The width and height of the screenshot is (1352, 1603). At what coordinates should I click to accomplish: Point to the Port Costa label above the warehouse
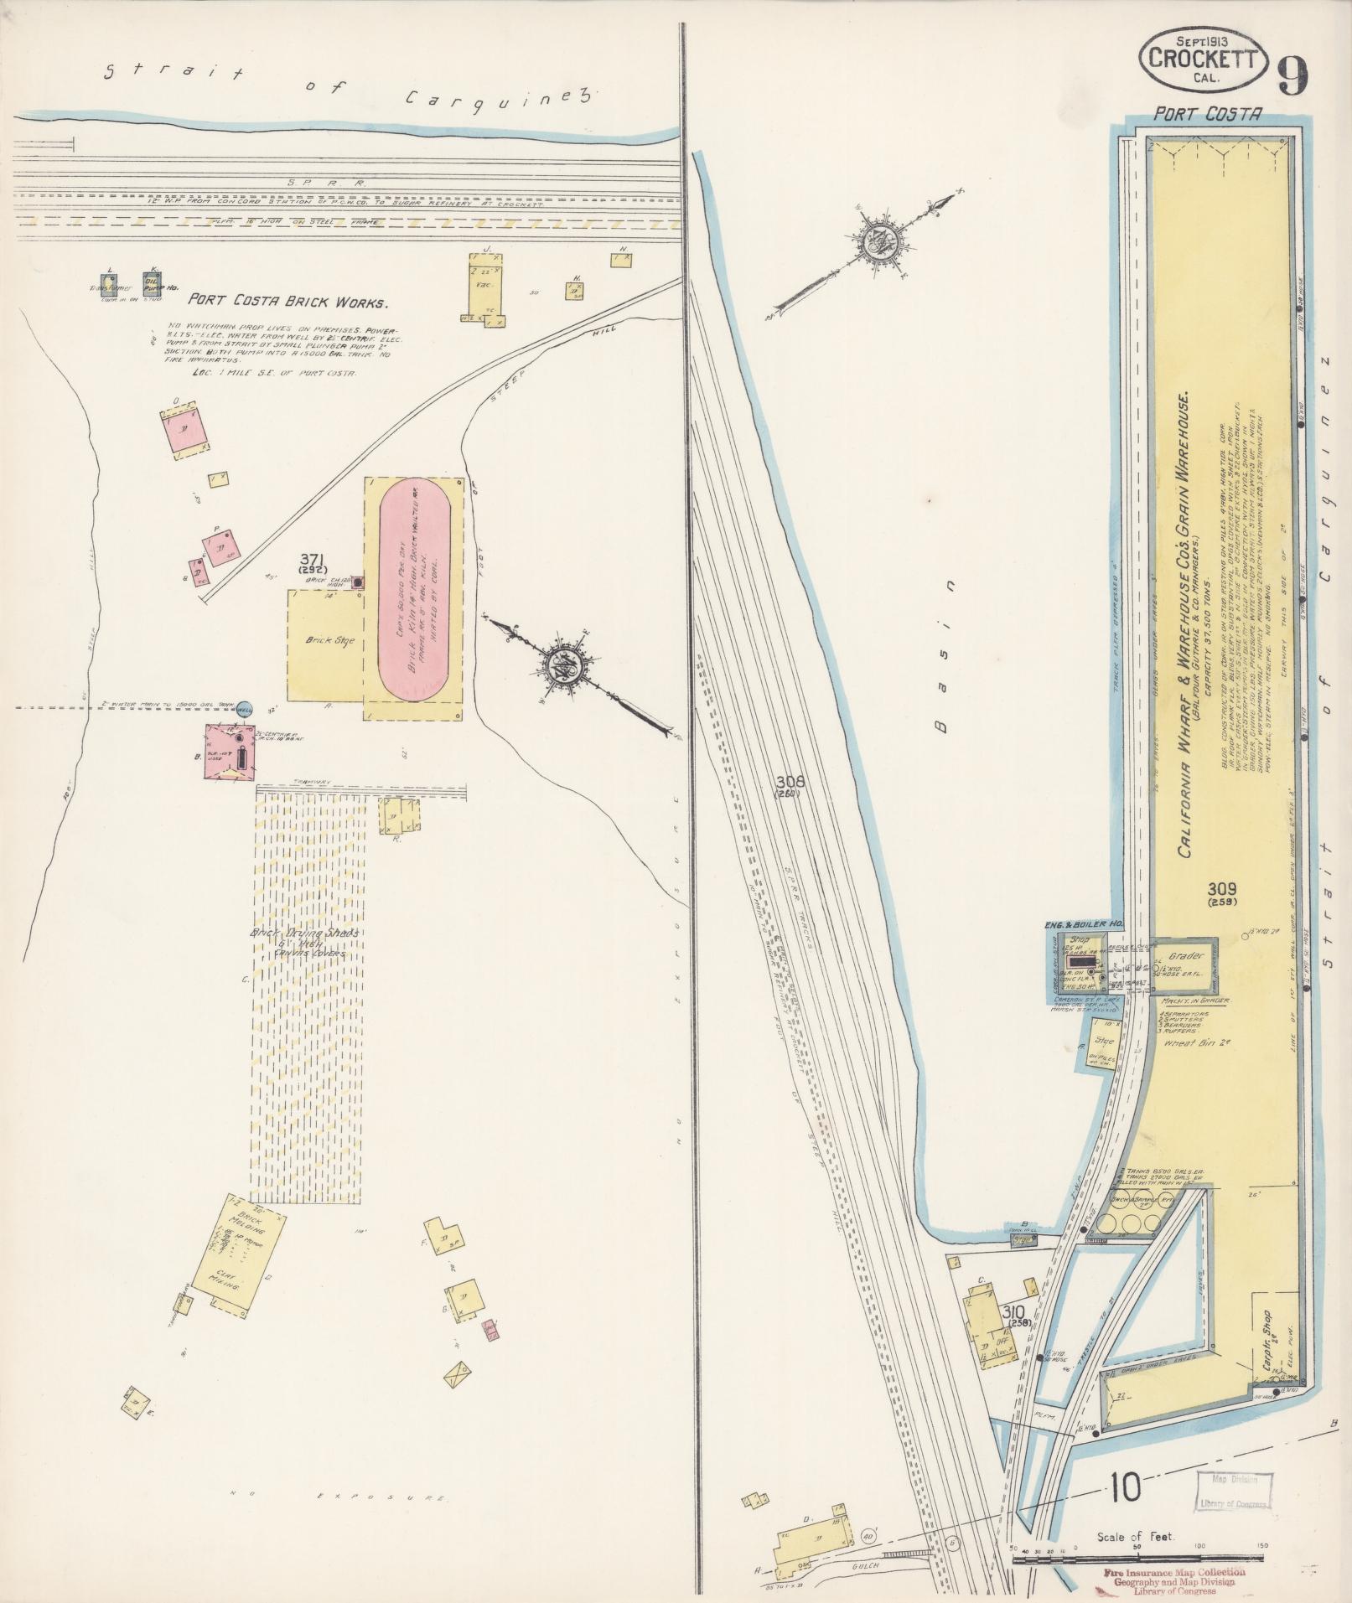pyautogui.click(x=1207, y=115)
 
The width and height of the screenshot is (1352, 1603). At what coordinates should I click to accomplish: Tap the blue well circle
pyautogui.click(x=245, y=708)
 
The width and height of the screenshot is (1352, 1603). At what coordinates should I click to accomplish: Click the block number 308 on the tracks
pyautogui.click(x=790, y=782)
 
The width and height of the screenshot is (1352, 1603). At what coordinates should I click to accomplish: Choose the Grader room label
pyautogui.click(x=1184, y=955)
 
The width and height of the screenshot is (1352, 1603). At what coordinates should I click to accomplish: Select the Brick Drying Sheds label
pyautogui.click(x=304, y=934)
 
